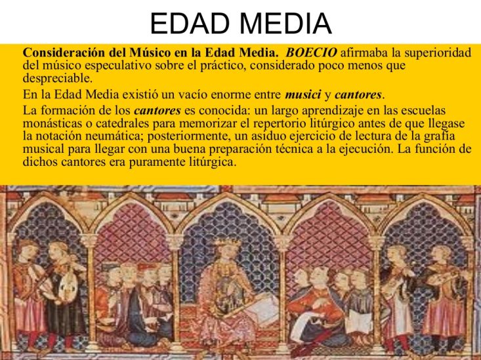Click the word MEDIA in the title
285,24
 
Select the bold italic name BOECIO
311,52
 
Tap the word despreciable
57,79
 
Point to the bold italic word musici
303,94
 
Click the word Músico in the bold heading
150,52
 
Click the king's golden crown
227,243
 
